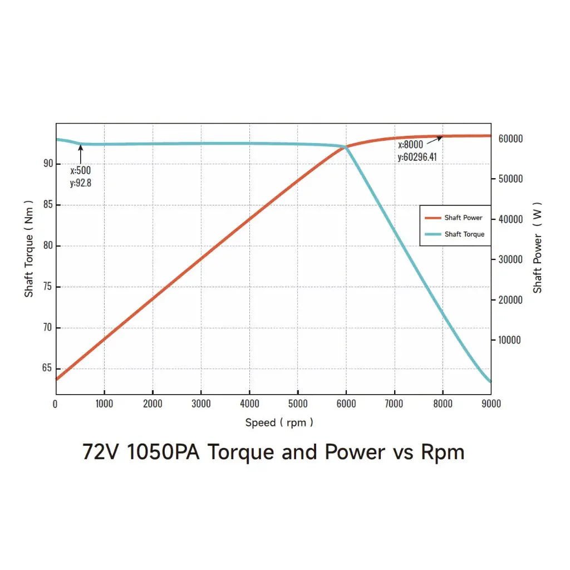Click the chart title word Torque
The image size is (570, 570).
pyautogui.click(x=241, y=451)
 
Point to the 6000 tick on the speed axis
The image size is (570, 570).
pyautogui.click(x=346, y=404)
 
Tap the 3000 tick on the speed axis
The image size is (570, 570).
pyautogui.click(x=200, y=404)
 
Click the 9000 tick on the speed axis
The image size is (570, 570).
pyautogui.click(x=490, y=404)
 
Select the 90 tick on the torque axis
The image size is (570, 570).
pyautogui.click(x=48, y=164)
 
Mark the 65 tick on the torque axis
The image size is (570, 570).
pyautogui.click(x=48, y=368)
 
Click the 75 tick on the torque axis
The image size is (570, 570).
pyautogui.click(x=48, y=287)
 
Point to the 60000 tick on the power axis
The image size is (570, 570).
pyautogui.click(x=510, y=139)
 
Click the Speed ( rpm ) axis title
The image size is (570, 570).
pyautogui.click(x=279, y=422)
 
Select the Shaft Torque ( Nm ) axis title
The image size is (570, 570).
pyautogui.click(x=29, y=249)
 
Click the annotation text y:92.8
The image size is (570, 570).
pyautogui.click(x=81, y=183)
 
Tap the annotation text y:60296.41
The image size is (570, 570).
pyautogui.click(x=417, y=157)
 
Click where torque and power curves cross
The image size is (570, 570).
pyautogui.click(x=346, y=146)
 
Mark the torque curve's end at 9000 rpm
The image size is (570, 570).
pyautogui.click(x=490, y=382)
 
